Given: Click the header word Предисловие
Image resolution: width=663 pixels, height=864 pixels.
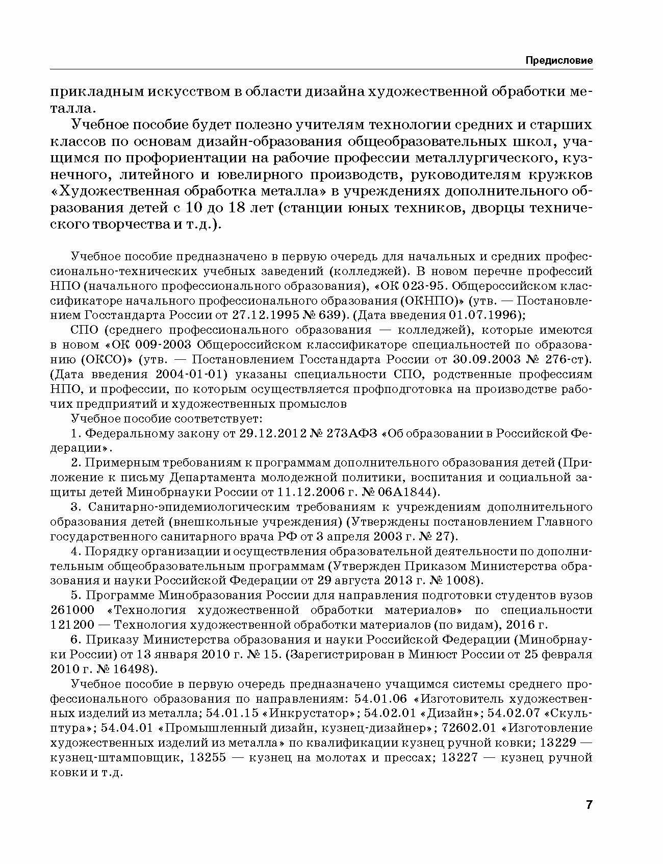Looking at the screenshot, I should click(559, 61).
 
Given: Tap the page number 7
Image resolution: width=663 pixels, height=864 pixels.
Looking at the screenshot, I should click(589, 805).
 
